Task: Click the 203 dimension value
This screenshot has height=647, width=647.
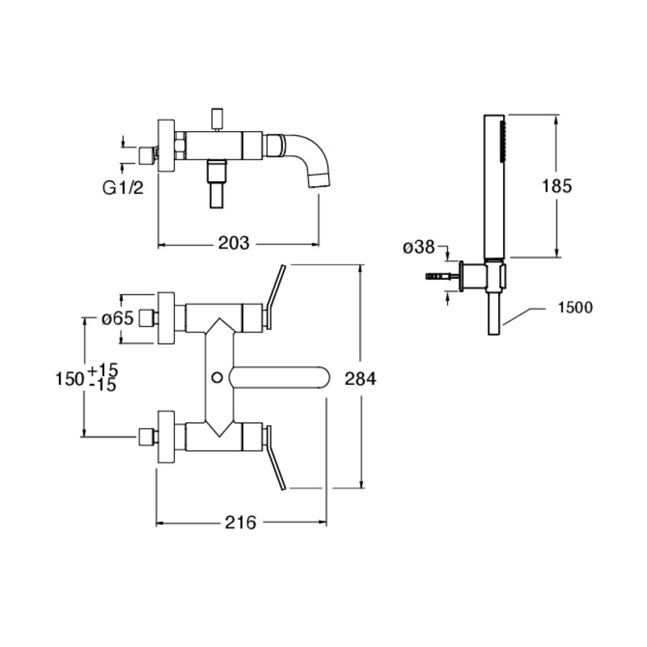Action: click(x=234, y=243)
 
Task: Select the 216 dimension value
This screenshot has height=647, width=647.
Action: click(x=240, y=522)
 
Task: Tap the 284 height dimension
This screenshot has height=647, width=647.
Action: click(x=361, y=378)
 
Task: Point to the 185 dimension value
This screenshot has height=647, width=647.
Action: click(x=556, y=186)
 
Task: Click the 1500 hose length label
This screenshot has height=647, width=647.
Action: click(x=575, y=307)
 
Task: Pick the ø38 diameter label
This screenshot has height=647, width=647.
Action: click(x=419, y=247)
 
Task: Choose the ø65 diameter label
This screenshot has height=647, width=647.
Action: click(x=118, y=318)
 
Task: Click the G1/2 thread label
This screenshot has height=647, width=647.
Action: click(x=123, y=188)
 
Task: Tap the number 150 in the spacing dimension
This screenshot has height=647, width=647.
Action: click(x=70, y=378)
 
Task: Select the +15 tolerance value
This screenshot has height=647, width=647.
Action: click(x=104, y=370)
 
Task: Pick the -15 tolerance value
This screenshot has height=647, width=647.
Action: click(x=103, y=386)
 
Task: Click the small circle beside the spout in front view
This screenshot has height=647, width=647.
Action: click(x=217, y=377)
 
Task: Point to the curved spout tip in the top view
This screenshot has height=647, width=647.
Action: click(x=319, y=180)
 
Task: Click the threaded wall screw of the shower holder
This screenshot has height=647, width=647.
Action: click(x=437, y=276)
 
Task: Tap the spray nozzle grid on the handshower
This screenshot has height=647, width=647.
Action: click(x=502, y=141)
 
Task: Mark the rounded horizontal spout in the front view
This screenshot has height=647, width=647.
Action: click(x=280, y=377)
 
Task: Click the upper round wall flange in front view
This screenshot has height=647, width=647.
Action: click(x=167, y=318)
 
